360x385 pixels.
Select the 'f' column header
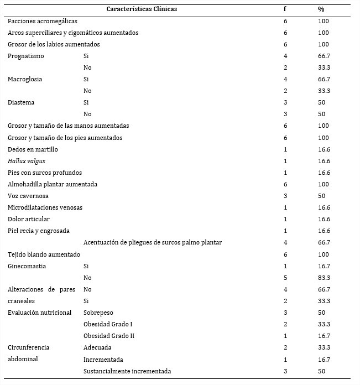[x=285, y=9]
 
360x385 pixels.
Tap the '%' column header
[x=321, y=9]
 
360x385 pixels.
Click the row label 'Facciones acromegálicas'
[x=43, y=21]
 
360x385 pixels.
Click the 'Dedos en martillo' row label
[x=33, y=149]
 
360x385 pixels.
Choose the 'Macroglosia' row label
[x=25, y=79]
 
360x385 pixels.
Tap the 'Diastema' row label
[x=22, y=102]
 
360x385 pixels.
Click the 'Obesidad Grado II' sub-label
[x=109, y=336]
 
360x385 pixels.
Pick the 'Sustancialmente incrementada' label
[x=127, y=371]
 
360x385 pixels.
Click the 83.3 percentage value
[x=324, y=278]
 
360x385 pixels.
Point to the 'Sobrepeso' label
[x=98, y=313]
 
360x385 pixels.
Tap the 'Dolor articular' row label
[x=29, y=219]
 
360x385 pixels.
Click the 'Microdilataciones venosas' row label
[x=45, y=207]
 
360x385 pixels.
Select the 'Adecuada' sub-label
[x=97, y=347]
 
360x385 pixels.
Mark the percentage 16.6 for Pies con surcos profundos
[x=324, y=173]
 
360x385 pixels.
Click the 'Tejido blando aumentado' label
[x=44, y=254]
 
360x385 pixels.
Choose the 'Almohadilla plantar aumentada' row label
[x=53, y=184]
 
